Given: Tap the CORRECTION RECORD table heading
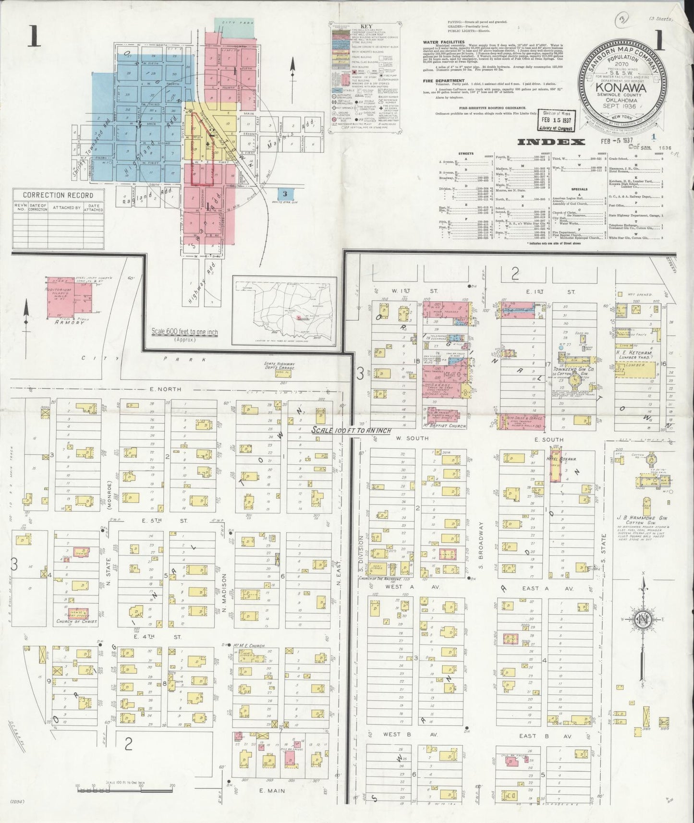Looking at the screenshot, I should point(58,195).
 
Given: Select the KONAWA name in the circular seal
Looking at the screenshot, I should point(621,88).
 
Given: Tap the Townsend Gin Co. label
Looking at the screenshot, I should point(574,370).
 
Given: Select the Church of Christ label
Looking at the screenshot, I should point(76,622).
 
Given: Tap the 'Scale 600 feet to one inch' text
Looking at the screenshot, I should point(184,332).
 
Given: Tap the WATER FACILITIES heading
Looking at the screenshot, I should point(444,42).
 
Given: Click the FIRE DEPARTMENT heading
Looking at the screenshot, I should point(444,81).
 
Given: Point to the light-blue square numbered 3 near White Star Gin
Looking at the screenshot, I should point(285,194).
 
